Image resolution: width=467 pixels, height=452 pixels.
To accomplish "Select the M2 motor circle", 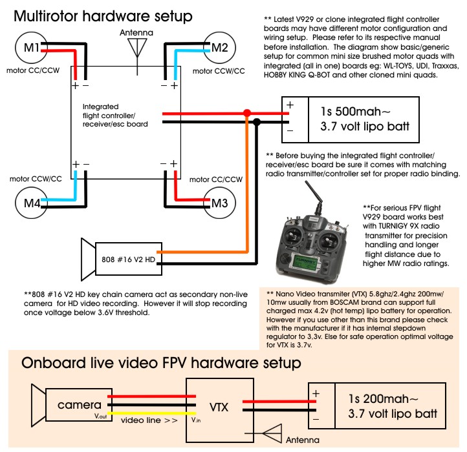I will [219, 47].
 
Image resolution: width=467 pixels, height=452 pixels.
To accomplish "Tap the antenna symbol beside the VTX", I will [276, 433].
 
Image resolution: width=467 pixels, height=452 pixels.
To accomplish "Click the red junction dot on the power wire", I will [246, 113].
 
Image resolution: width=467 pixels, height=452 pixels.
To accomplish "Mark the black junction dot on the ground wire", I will [257, 121].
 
